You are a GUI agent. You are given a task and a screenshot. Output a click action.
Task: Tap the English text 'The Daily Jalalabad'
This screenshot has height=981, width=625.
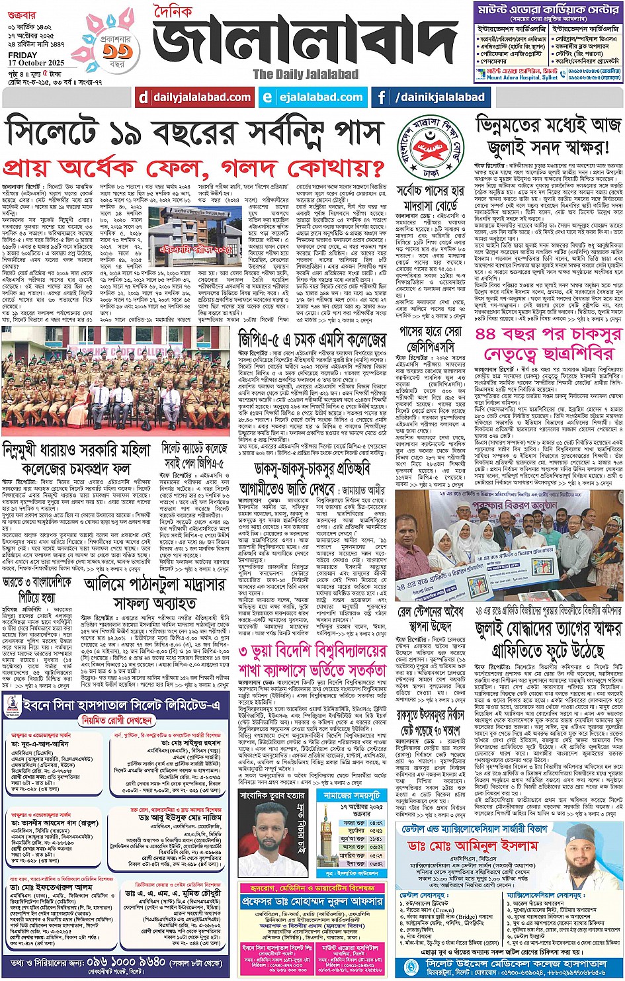[306, 74]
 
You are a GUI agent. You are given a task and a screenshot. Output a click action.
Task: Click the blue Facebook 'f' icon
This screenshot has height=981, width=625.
[382, 97]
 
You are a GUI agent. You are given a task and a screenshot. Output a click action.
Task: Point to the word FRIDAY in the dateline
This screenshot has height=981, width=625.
[23, 55]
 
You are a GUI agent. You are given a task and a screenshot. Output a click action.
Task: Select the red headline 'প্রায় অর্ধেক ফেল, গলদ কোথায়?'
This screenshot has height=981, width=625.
[194, 166]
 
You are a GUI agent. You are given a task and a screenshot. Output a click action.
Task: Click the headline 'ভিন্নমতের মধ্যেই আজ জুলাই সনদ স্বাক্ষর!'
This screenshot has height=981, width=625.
[548, 135]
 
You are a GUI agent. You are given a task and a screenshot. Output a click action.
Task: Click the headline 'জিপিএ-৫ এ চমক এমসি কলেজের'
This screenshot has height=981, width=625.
[312, 340]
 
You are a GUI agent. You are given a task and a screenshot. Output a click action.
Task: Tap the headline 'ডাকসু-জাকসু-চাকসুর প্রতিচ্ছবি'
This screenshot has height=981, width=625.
[312, 469]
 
